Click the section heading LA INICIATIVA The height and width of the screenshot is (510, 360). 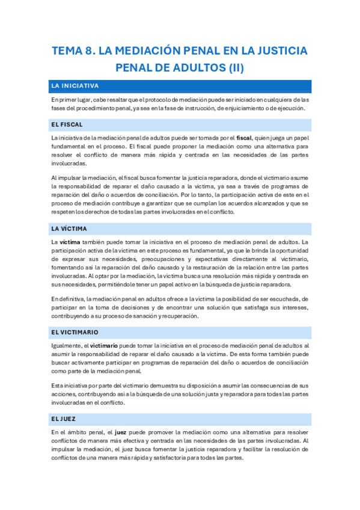75,86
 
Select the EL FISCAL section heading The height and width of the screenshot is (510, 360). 67,124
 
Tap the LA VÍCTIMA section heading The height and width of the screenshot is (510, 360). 69,229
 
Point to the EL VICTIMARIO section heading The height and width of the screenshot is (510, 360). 75,332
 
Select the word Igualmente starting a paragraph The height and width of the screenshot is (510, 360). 66,346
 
